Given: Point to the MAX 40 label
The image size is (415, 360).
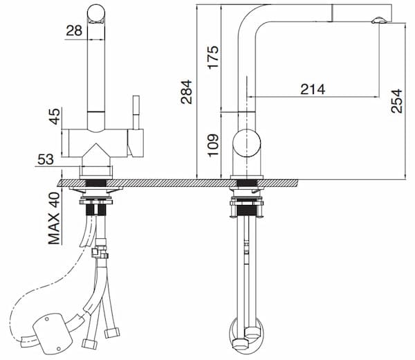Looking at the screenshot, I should pos(54,217).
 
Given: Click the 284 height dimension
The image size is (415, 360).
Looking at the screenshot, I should pos(186,91).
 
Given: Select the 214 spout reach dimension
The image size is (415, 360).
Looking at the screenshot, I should pos(313,89).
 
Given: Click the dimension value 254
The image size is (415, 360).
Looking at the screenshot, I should pos(396,101).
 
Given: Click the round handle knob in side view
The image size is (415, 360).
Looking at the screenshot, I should pos(246,144).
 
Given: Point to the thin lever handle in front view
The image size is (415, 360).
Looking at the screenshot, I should pos(136,114).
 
